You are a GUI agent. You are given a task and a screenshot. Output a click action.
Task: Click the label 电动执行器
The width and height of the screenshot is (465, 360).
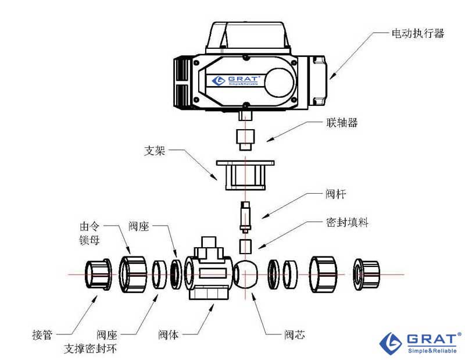click(x=417, y=34)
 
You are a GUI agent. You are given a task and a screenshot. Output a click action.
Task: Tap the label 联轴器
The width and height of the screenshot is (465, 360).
click(x=341, y=123)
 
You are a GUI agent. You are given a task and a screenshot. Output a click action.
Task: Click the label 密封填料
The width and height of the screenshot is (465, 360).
click(x=347, y=222)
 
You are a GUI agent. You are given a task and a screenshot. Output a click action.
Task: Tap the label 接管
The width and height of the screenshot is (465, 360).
click(x=42, y=335)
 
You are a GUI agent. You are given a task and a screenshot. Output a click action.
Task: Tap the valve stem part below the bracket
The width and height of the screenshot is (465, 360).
click(x=245, y=216)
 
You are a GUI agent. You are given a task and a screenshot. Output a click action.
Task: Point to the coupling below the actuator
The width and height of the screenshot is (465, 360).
click(x=244, y=138)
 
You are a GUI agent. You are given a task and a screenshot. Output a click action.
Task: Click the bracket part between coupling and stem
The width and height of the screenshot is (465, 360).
click(x=245, y=173)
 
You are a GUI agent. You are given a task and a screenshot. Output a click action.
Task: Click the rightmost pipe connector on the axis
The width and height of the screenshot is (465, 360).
click(x=366, y=274)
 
